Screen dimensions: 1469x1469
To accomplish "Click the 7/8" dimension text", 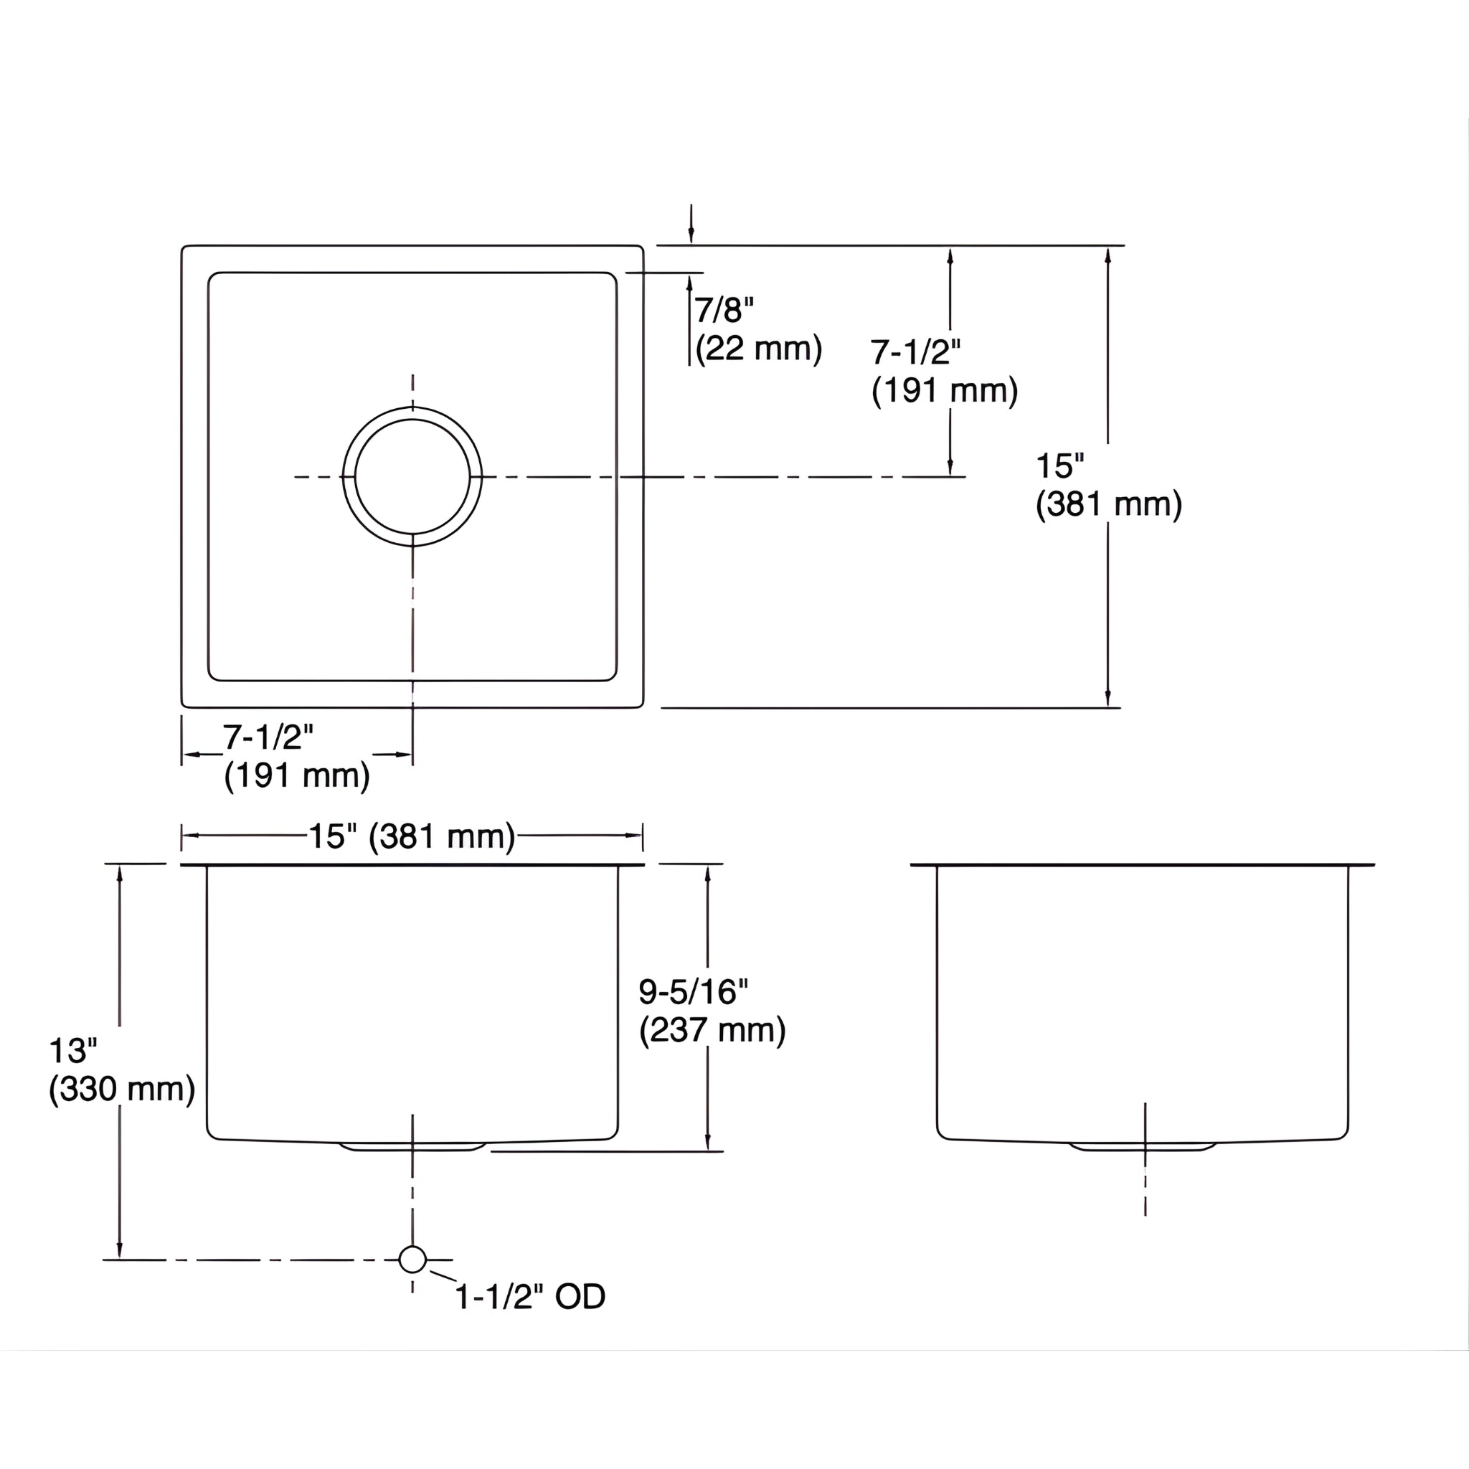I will pos(723,310).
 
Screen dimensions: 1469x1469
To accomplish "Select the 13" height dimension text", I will pos(73,1051).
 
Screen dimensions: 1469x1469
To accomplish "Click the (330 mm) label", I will pos(122,1090).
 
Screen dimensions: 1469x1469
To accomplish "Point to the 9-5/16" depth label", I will pos(693,991).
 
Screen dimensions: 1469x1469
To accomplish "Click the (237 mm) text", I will pos(712,1030).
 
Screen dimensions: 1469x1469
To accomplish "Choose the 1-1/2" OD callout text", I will pos(530,1296).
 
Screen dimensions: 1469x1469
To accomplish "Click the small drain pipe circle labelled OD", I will pos(412,1259).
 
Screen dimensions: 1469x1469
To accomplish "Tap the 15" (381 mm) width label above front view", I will pos(411,836).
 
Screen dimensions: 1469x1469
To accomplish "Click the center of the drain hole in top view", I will pos(412,477).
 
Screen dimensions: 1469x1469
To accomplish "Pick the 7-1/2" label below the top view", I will pos(268,737).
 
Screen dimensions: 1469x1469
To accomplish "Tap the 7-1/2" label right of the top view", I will pos(915,352).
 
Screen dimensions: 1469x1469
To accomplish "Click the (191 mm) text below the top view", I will pos(296,775).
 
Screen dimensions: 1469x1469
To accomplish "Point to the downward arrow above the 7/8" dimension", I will pos(691,228).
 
